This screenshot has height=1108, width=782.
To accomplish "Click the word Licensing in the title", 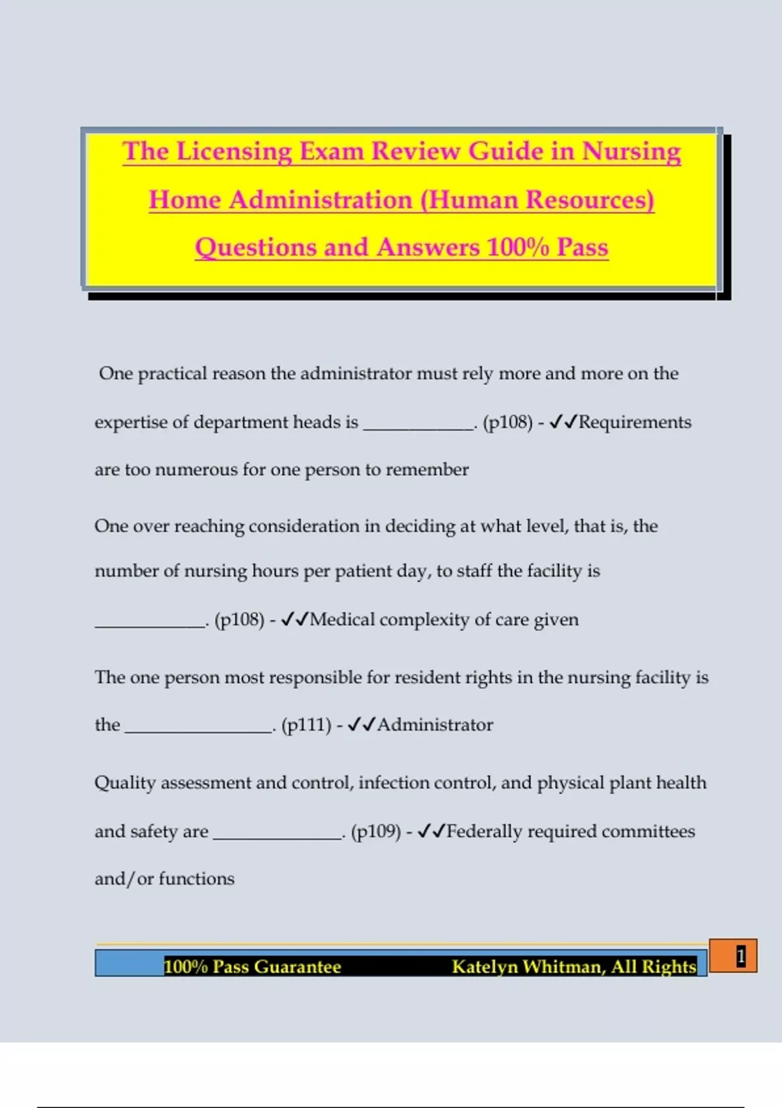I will tap(234, 152).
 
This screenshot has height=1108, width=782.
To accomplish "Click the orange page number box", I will tap(733, 956).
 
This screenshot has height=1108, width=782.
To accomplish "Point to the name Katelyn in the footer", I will tap(484, 966).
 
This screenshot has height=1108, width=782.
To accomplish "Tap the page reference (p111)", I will tap(306, 725).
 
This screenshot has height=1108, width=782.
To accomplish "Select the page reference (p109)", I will tap(375, 832).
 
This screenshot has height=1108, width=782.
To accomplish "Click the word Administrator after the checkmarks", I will tap(435, 725).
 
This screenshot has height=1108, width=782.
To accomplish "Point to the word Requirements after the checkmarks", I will tap(635, 422).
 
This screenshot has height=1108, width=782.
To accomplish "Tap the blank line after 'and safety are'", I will tap(278, 836).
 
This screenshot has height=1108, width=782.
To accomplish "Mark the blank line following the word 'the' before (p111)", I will tap(198, 729).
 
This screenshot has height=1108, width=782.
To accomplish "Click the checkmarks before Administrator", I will tap(361, 725).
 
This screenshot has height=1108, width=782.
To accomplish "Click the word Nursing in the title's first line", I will tap(631, 152).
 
